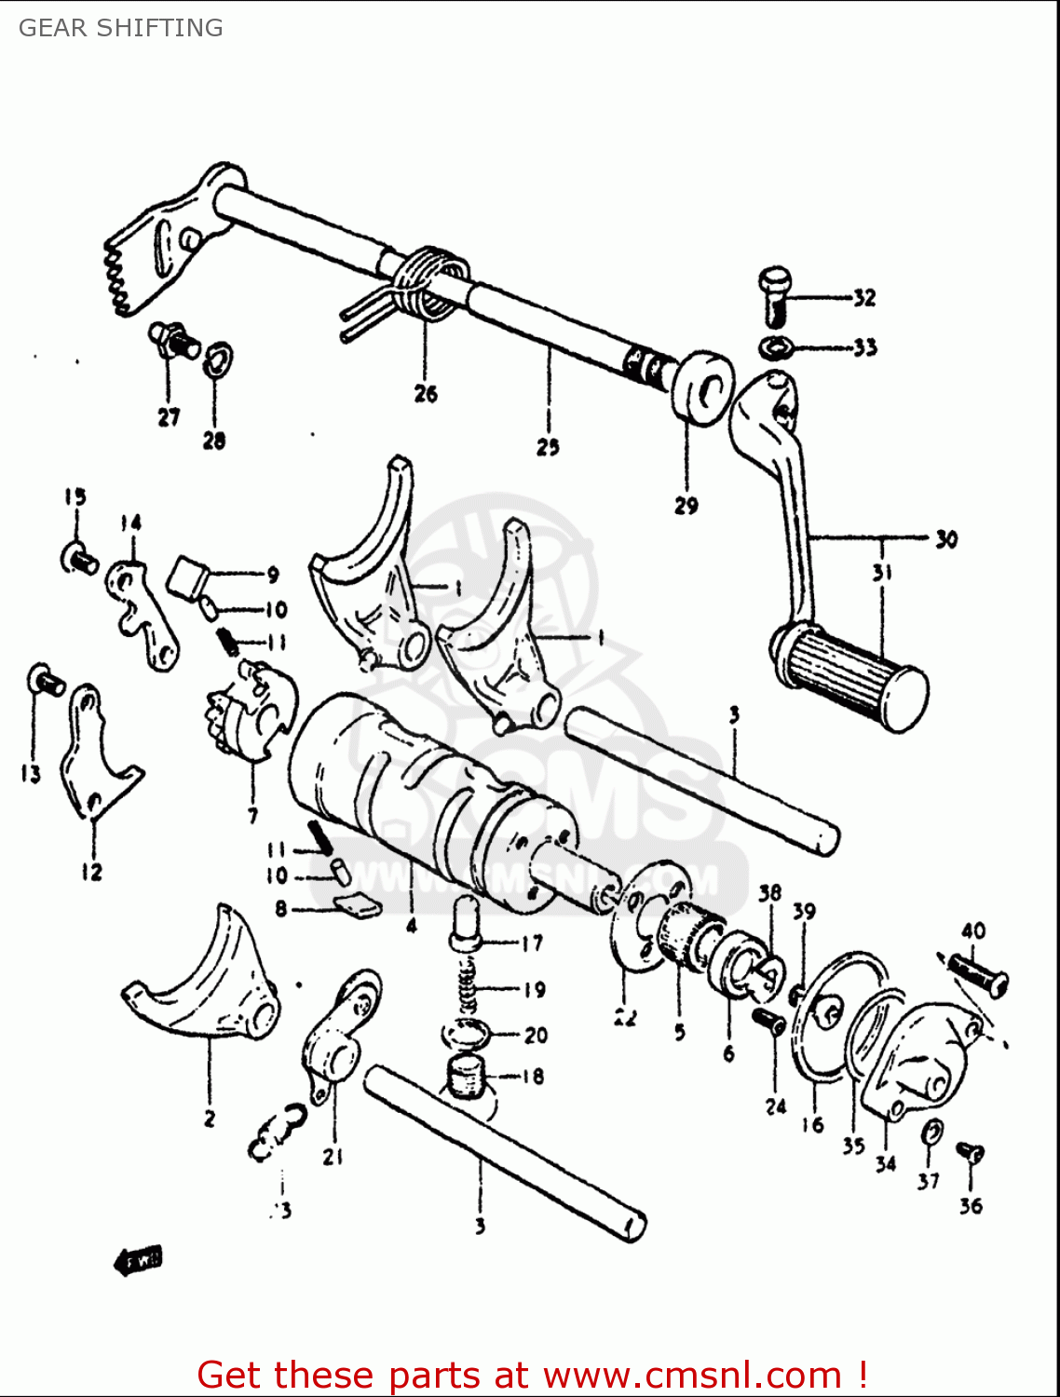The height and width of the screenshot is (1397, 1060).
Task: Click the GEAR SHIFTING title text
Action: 120,28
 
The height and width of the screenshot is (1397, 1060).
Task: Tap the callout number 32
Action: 864,298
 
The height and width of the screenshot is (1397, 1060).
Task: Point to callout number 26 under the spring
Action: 426,394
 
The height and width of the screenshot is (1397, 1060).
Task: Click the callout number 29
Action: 686,506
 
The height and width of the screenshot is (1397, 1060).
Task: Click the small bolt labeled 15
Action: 78,560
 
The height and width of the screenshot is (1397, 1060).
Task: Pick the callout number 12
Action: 91,872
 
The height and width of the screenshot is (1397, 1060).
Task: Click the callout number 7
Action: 252,816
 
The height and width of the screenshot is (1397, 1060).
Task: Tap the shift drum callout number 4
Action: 411,925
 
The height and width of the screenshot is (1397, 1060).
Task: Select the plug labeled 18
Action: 467,1078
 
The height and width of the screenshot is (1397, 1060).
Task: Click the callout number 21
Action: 333,1156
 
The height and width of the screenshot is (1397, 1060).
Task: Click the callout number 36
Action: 971,1205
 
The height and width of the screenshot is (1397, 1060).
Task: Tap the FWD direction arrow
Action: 138,1260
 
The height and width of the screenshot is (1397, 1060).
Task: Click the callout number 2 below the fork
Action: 210,1118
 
